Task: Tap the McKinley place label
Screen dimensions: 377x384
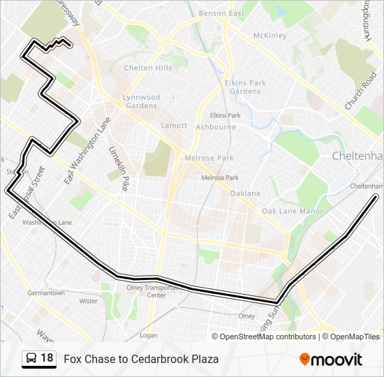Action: point(269,36)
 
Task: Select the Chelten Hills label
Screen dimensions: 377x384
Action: point(147,68)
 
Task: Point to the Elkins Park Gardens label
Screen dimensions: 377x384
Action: point(245,87)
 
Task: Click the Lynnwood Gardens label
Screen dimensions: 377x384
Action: point(141,101)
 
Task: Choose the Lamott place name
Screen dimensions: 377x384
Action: point(174,126)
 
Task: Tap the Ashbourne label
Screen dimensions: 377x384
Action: point(216,127)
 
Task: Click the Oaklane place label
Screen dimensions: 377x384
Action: point(245,193)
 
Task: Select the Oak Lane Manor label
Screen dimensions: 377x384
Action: point(293,211)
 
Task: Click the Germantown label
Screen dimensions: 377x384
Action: point(46,293)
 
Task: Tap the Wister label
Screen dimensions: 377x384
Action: point(89,301)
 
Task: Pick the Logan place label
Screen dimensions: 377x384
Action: point(148,335)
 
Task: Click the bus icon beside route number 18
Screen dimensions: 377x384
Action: point(31,359)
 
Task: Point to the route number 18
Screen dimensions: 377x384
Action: point(47,358)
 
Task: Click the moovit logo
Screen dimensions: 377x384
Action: point(331,360)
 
